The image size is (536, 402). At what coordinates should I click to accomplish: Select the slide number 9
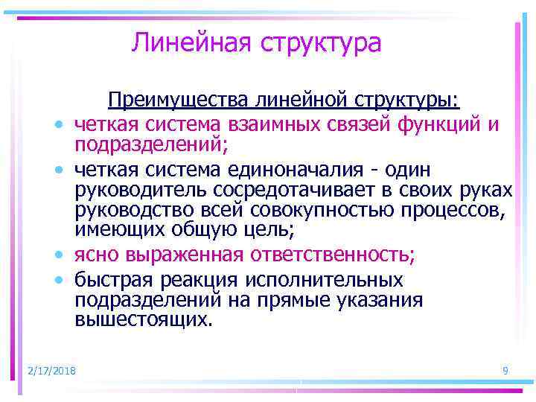505,371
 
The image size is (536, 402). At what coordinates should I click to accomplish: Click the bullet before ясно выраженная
57,255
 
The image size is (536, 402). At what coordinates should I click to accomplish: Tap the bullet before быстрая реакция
57,281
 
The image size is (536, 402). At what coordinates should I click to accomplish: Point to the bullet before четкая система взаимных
57,123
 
